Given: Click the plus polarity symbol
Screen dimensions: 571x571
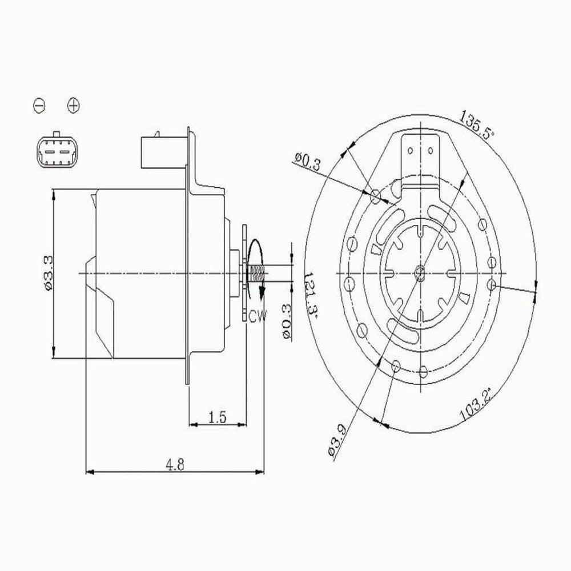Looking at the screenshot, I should click(x=73, y=105).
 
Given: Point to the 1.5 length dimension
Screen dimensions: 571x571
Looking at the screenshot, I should click(x=218, y=417).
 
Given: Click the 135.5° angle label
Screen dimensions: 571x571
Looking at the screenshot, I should click(x=476, y=126).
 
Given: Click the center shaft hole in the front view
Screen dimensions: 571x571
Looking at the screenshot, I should click(x=420, y=273).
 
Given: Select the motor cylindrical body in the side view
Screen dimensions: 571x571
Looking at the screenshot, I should click(x=143, y=274).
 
